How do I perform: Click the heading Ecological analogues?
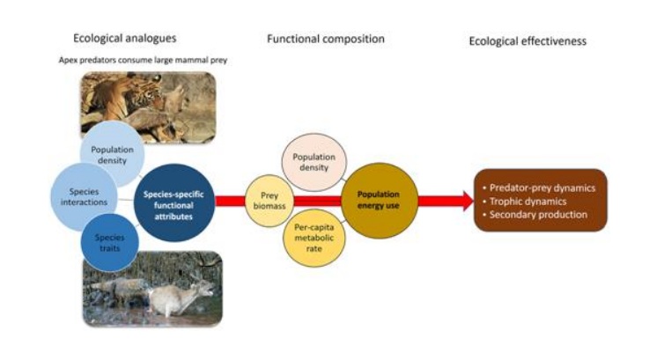point(126,40)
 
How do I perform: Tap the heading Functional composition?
point(326,40)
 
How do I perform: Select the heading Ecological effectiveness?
point(527,40)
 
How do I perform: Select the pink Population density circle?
point(314,162)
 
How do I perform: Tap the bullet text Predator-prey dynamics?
point(543,187)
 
